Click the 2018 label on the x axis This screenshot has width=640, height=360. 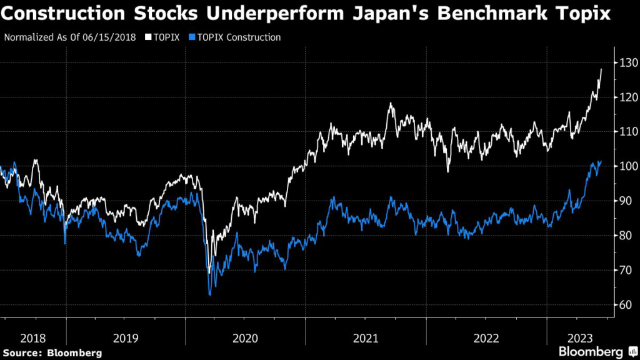click(x=32, y=338)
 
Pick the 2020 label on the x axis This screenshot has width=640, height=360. click(x=245, y=338)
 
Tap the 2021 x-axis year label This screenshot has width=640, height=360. click(x=366, y=338)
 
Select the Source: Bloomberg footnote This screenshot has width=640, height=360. click(x=52, y=353)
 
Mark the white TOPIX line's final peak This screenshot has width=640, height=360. click(x=601, y=69)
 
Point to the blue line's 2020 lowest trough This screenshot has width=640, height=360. click(x=210, y=294)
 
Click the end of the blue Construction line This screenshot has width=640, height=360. click(x=601, y=161)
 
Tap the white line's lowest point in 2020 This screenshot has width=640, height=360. click(x=209, y=272)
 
